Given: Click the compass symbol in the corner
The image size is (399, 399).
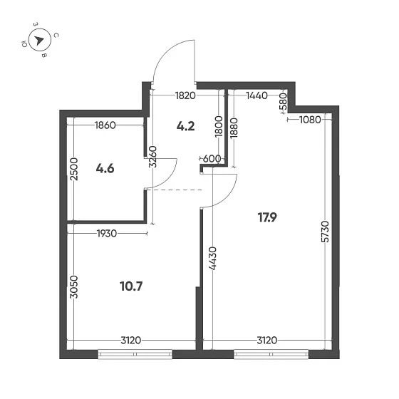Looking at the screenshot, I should [x=40, y=40].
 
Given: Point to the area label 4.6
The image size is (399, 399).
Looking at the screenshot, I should [x=105, y=169].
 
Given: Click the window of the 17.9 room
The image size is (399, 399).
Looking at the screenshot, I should [x=271, y=351].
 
